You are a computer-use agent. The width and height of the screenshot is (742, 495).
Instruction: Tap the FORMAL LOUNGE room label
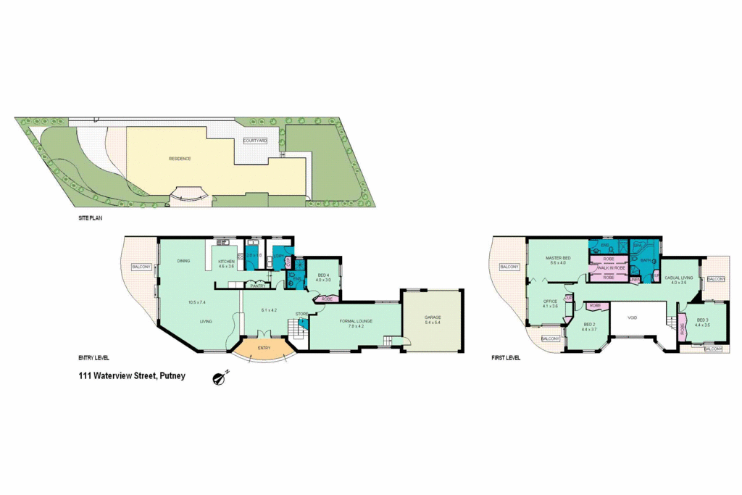coord(355,320)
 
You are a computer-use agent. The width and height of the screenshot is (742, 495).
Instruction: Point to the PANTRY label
coord(257,286)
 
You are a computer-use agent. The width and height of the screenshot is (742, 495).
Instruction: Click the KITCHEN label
coord(228,261)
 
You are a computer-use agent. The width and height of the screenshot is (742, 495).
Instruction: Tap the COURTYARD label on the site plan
coord(256,141)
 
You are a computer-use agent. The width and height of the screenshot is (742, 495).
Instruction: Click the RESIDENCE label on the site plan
coord(180,159)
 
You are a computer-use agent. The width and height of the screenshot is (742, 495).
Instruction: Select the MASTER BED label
coord(558,258)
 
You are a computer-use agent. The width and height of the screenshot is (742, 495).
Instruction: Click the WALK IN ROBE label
coord(611,267)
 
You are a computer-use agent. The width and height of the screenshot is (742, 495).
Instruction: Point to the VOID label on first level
coord(632,317)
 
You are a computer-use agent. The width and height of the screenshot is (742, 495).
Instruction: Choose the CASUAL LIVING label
coord(678,277)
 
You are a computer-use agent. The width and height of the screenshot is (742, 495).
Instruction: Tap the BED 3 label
coord(702,320)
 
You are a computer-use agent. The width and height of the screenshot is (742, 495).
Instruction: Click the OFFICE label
coord(550,301)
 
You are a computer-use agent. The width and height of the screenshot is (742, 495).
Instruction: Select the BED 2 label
coord(588,324)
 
